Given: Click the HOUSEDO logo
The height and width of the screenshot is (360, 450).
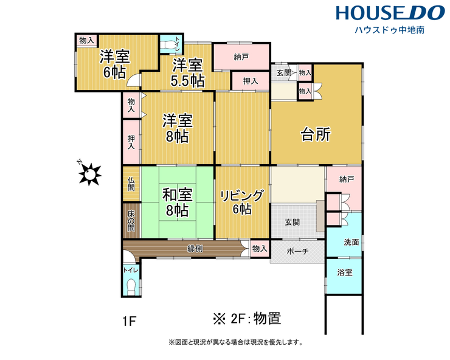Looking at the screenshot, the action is point(390,13).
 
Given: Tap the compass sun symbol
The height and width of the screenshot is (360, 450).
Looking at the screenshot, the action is point(90,174).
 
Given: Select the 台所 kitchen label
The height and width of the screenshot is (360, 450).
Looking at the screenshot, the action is point(316,134).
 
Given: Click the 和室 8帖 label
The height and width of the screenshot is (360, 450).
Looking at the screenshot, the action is point(178,202).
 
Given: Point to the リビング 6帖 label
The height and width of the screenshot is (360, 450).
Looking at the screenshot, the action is point(241,202).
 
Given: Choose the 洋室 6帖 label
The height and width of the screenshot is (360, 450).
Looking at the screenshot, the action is point(115,64).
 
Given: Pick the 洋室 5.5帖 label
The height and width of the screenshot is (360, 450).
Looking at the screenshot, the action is point(188,73).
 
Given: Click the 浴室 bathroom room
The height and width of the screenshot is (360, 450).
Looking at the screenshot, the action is point(344,276).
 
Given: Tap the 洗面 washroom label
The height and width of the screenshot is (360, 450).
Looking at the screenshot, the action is point(351,242).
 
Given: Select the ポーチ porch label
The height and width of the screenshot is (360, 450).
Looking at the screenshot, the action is point(297,252).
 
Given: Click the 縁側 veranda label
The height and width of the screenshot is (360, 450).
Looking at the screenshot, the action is point(195,249).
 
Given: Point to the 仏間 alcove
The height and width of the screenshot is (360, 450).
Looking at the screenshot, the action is point(131,184).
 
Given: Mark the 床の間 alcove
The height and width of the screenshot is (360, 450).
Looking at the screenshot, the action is point(131,221).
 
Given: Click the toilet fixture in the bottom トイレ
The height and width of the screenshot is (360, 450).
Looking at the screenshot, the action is point(131,286).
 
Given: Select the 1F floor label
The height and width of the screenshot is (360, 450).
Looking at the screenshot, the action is point(129,321).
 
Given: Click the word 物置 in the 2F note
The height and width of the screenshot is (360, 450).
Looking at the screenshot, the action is point(267,319).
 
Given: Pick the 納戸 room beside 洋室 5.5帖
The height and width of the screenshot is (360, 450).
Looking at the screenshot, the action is point(241,57).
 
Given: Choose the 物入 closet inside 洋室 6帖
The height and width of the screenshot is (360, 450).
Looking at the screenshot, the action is point(86,40).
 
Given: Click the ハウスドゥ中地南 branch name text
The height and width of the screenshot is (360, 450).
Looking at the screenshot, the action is point(389,30).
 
